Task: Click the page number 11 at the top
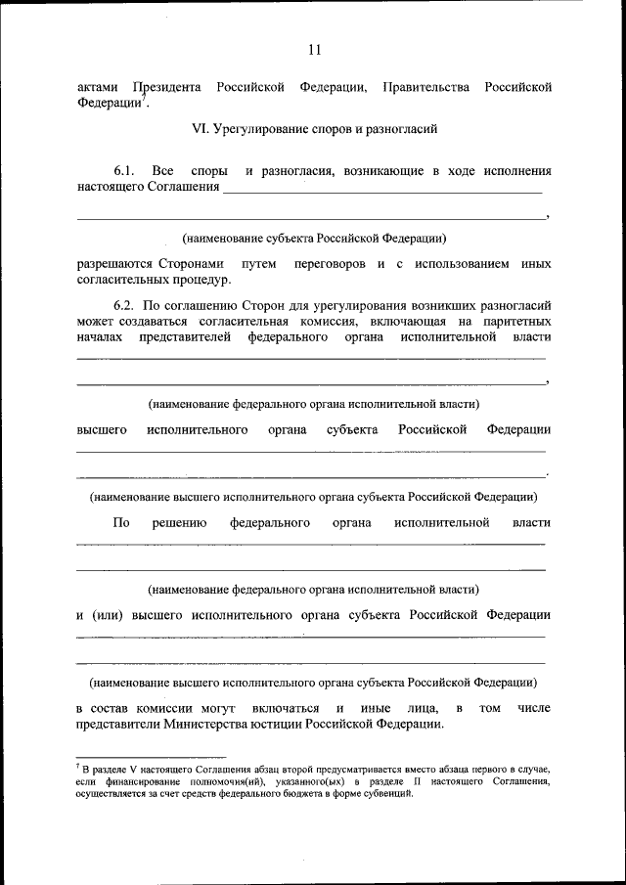313,51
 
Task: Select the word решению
179,523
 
